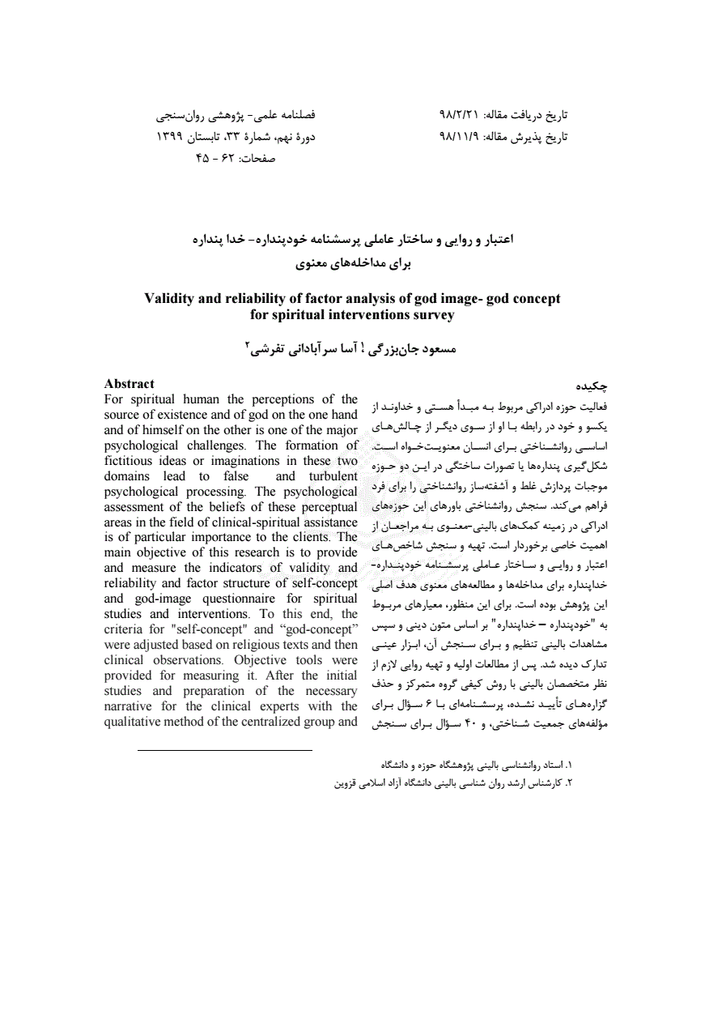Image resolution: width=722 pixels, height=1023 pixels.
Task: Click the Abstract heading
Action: pos(130,384)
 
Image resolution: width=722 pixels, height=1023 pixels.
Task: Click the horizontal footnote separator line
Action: pos(224,750)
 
